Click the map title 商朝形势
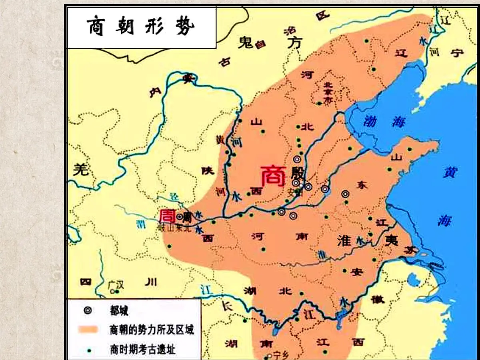tap(141, 27)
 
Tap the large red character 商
tap(273, 176)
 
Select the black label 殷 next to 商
tap(298, 174)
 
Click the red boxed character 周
tap(167, 216)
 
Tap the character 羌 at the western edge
tap(80, 170)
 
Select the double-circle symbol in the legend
tap(88, 310)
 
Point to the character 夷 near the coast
tap(391, 240)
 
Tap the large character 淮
tap(344, 240)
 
